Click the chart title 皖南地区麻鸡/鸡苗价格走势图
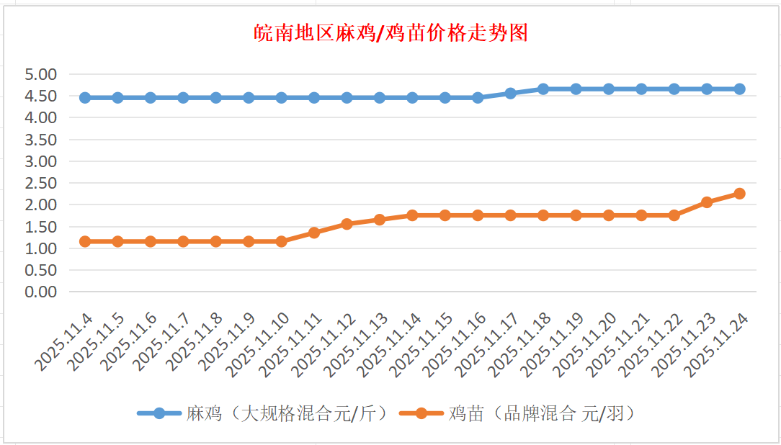tap(391, 33)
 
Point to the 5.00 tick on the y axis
tap(40, 74)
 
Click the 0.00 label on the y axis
tap(40, 292)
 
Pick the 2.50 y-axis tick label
tap(40, 183)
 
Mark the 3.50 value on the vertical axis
tap(40, 140)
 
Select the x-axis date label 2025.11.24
tap(718, 344)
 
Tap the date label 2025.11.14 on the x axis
tap(392, 344)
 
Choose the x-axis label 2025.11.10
tap(262, 344)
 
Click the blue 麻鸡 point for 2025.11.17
tap(511, 94)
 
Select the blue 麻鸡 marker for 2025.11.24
tap(739, 89)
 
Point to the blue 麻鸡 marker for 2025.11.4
tap(85, 98)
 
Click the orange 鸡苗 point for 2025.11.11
tap(314, 233)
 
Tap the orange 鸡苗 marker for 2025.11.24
tap(739, 194)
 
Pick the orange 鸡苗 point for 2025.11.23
tap(707, 202)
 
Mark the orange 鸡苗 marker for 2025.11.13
tap(380, 220)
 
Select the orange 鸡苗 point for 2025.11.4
tap(85, 241)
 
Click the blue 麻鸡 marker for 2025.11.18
tap(543, 89)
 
